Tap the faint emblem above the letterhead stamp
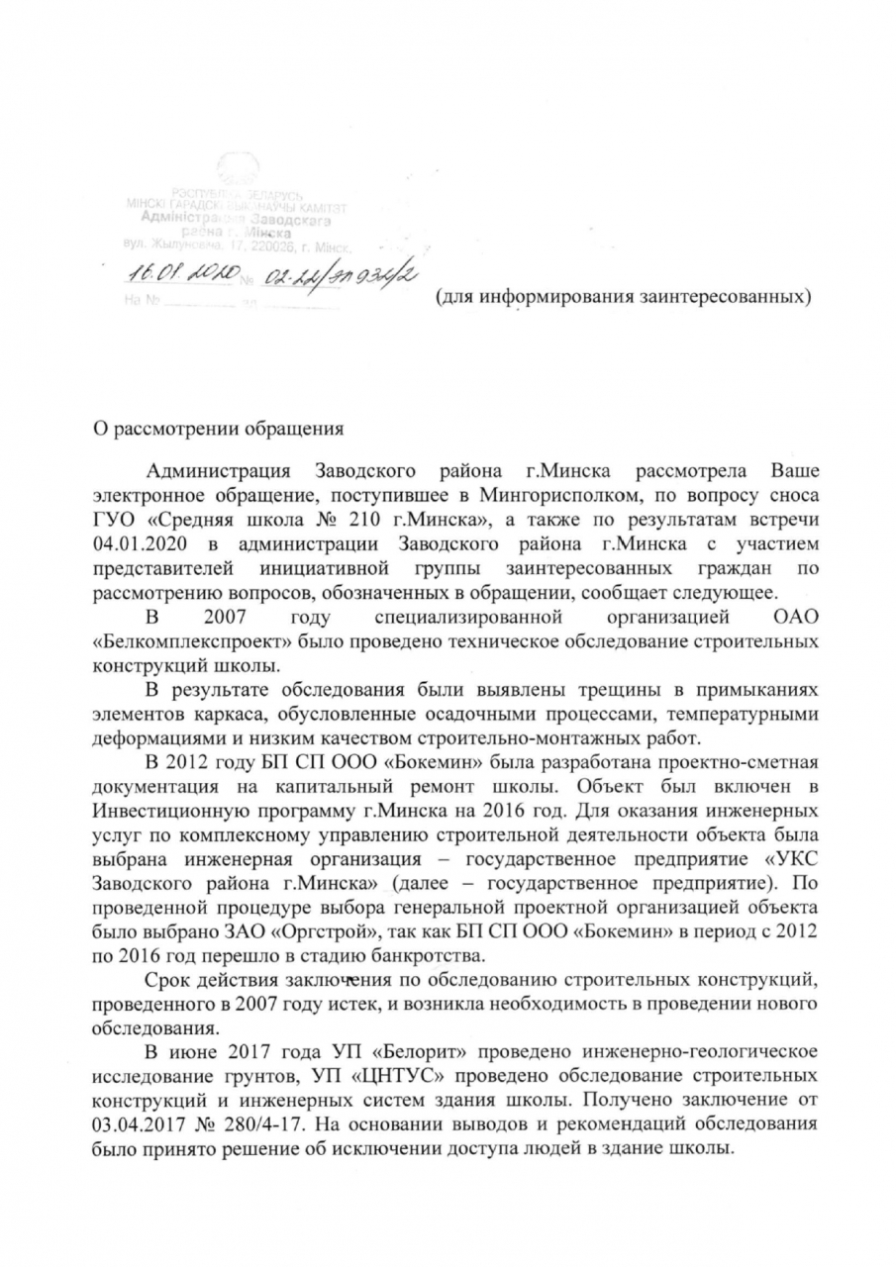[240, 165]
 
